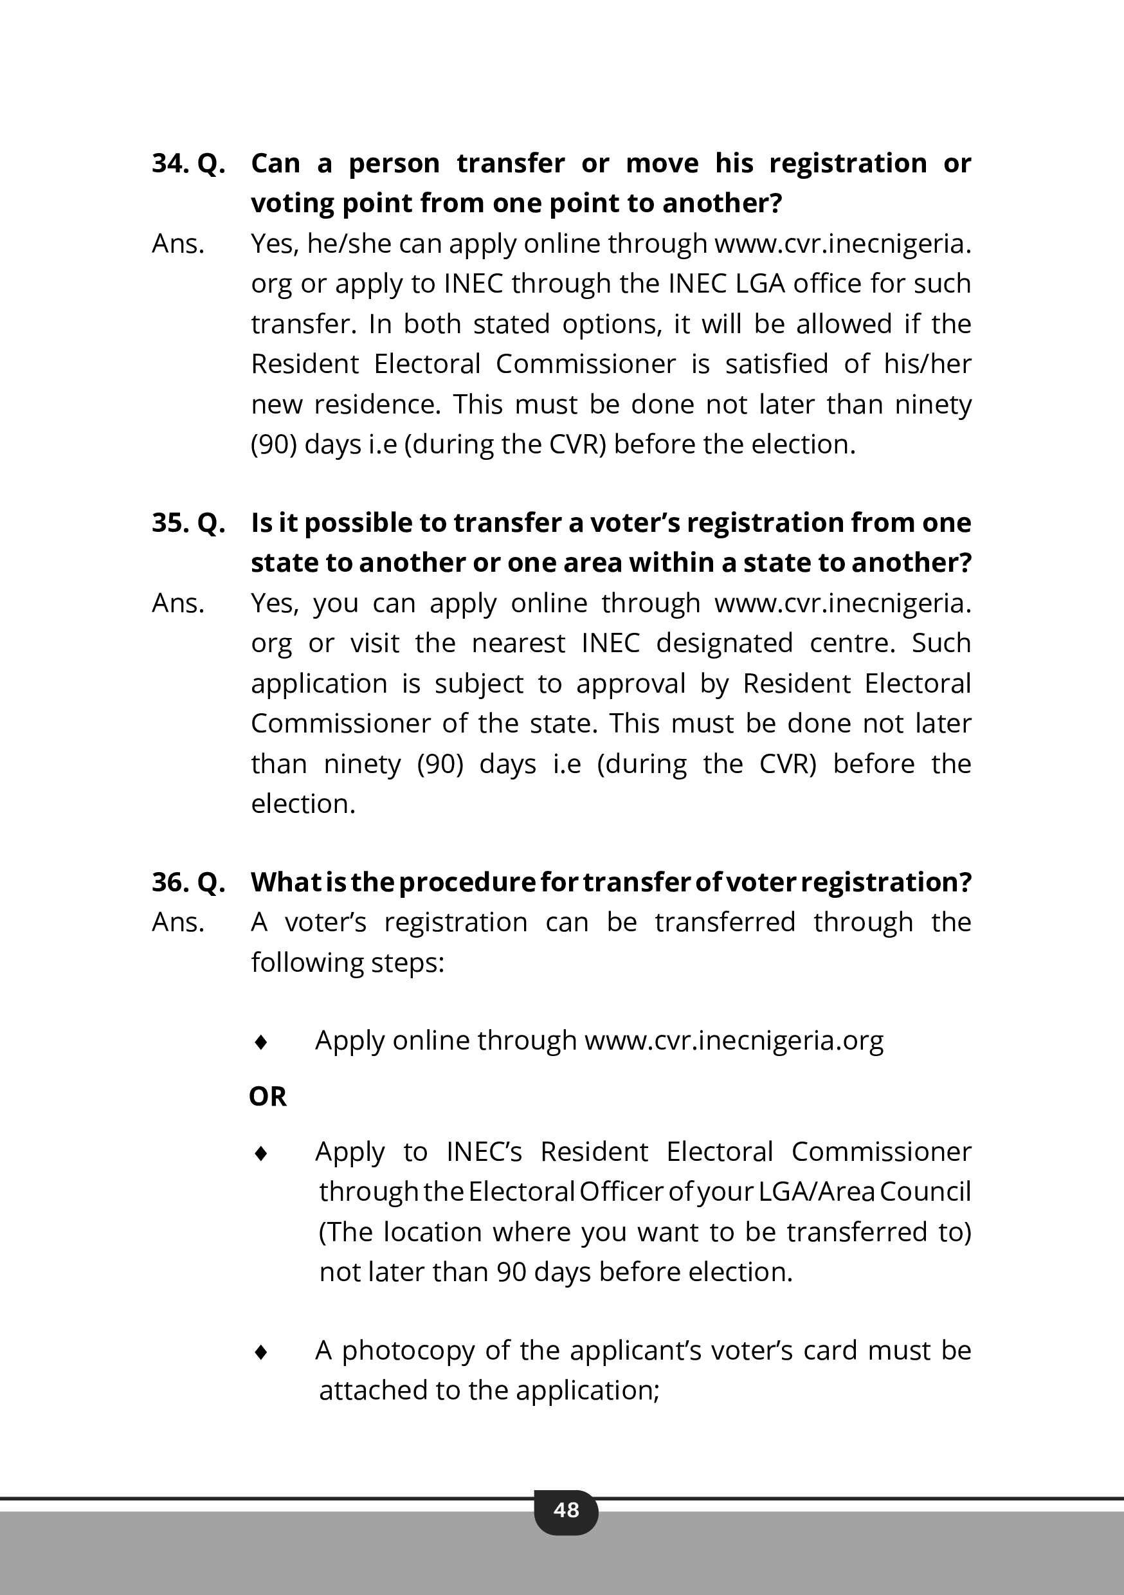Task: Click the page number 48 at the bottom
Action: [x=566, y=1509]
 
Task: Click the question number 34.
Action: [x=170, y=163]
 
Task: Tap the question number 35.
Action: [x=170, y=522]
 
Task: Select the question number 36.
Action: [x=170, y=882]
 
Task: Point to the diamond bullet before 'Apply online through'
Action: [x=261, y=1041]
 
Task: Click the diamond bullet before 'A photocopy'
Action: [x=261, y=1351]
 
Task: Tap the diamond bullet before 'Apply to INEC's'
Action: [x=261, y=1153]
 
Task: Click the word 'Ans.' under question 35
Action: [x=178, y=603]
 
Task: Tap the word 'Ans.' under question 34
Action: [x=178, y=244]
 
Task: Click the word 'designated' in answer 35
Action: [x=724, y=643]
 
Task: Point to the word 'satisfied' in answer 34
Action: [x=777, y=364]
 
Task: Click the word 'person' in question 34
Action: [x=394, y=163]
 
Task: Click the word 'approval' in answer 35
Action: [x=631, y=684]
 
